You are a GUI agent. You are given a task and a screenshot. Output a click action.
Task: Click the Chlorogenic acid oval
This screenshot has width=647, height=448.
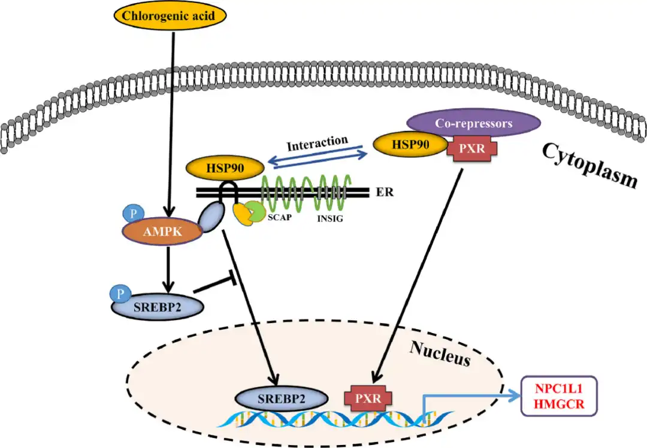(x=173, y=17)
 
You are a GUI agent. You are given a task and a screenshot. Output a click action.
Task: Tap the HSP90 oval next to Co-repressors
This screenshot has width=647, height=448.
(x=410, y=144)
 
